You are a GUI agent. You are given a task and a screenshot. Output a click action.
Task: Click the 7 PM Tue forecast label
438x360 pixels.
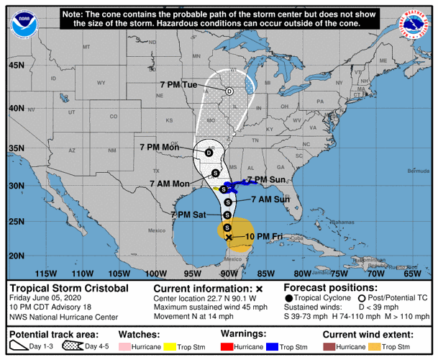[178, 85]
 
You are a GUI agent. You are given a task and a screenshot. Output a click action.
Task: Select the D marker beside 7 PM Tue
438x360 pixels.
[229, 91]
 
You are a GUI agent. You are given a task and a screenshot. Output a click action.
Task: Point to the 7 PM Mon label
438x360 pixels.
[160, 147]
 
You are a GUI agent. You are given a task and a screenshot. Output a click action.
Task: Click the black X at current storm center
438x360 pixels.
[229, 237]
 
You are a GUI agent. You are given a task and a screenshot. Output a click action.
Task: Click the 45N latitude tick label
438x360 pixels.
[16, 65]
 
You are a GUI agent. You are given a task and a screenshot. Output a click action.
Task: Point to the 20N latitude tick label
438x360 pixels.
[16, 255]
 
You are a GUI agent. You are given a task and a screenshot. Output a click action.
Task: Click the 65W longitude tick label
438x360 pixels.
[412, 274]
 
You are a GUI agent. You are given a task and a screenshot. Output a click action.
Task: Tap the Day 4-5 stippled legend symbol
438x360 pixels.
[71, 347]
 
